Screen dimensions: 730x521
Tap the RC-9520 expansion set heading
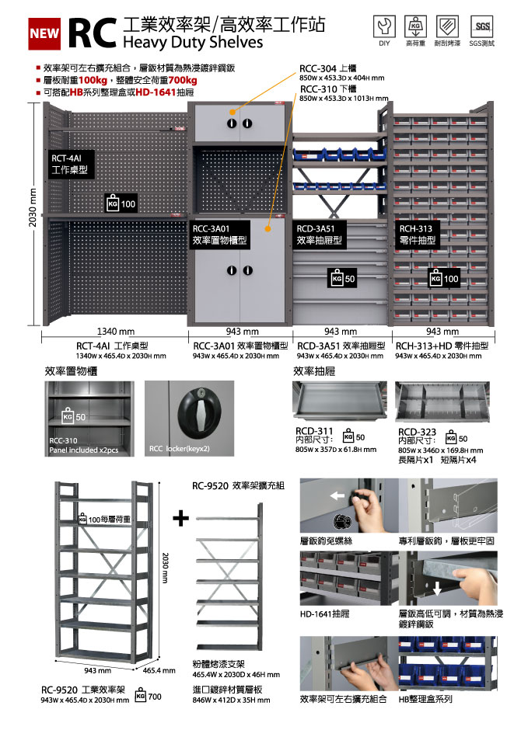point(237,486)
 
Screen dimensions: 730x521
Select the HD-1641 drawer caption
point(324,614)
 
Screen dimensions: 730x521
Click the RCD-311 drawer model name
point(314,432)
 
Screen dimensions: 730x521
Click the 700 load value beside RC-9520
point(154,697)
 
